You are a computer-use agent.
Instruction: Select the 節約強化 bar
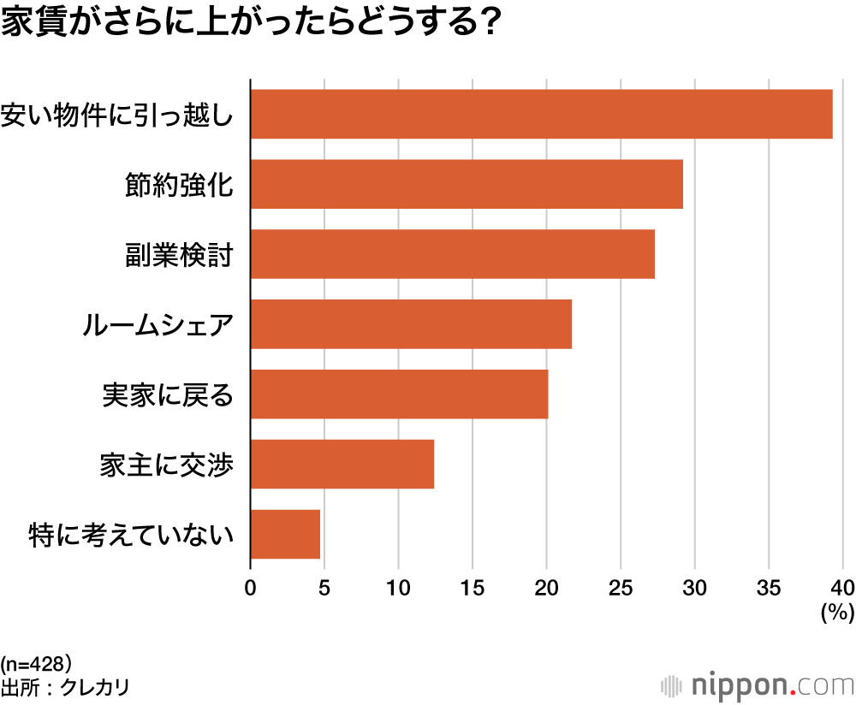pyautogui.click(x=467, y=184)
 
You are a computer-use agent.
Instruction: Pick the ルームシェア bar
pyautogui.click(x=411, y=324)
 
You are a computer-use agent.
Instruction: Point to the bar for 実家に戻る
pyautogui.click(x=399, y=394)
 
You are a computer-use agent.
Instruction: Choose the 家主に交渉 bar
pyautogui.click(x=342, y=465)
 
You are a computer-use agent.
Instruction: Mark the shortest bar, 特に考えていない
pyautogui.click(x=285, y=535)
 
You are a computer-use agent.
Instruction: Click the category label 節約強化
pyautogui.click(x=179, y=184)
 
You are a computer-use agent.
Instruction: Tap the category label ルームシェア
pyautogui.click(x=158, y=325)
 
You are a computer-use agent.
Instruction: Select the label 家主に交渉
pyautogui.click(x=167, y=465)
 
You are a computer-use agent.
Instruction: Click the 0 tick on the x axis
pyautogui.click(x=250, y=588)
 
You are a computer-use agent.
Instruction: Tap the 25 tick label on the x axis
pyautogui.click(x=621, y=588)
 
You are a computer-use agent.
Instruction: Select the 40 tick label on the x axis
pyautogui.click(x=842, y=588)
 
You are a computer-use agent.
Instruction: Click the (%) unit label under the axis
pyautogui.click(x=836, y=612)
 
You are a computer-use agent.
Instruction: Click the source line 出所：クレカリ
pyautogui.click(x=65, y=687)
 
